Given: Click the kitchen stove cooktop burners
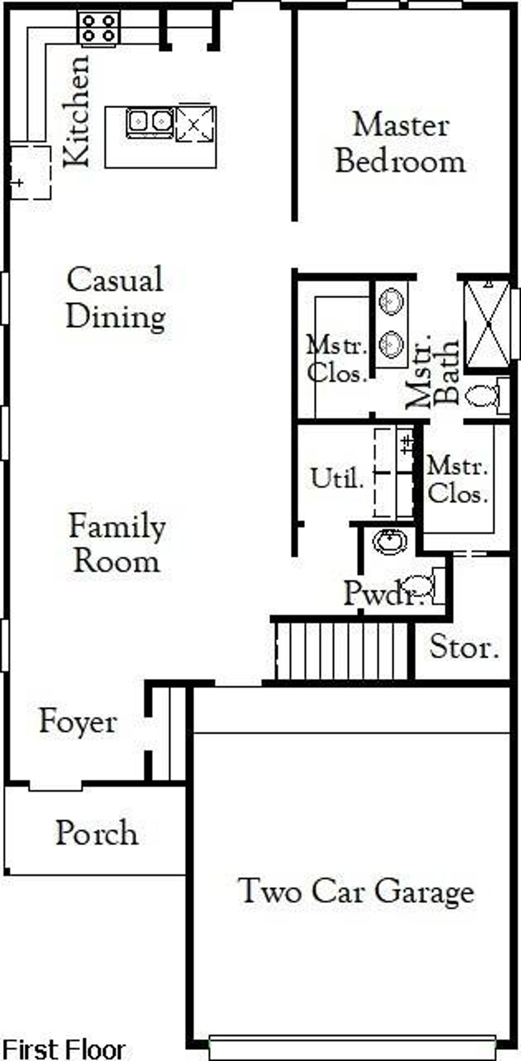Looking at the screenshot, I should pos(99,27).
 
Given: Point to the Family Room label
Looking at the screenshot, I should pos(117,544).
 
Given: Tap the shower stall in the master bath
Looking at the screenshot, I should pos(487,324).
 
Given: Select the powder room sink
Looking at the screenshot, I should pos(390,541).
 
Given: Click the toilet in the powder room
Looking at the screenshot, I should pos(420,585).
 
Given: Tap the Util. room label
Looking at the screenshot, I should pos(337,479).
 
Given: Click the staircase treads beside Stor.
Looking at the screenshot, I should pos(341,651).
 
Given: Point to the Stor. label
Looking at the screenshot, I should pos(464,647).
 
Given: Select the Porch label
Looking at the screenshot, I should pos(97,833).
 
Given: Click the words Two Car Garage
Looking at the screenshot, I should pos(356,891).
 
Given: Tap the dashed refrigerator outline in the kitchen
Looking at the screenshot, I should pos(30,172).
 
